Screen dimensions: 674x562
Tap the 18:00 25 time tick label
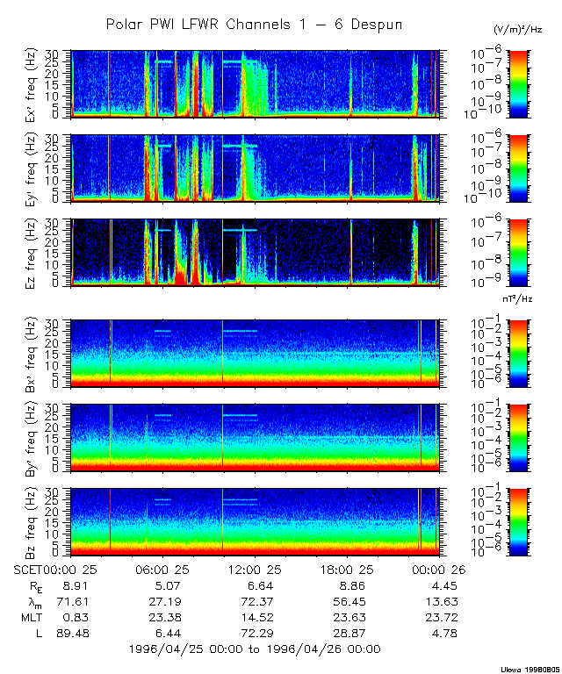[x=349, y=568]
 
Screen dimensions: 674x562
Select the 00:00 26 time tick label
[x=439, y=568]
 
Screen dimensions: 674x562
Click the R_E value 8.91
[x=73, y=584]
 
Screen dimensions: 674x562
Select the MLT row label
[x=31, y=616]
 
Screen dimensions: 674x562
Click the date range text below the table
[x=254, y=649]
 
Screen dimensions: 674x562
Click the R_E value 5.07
[x=167, y=584]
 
